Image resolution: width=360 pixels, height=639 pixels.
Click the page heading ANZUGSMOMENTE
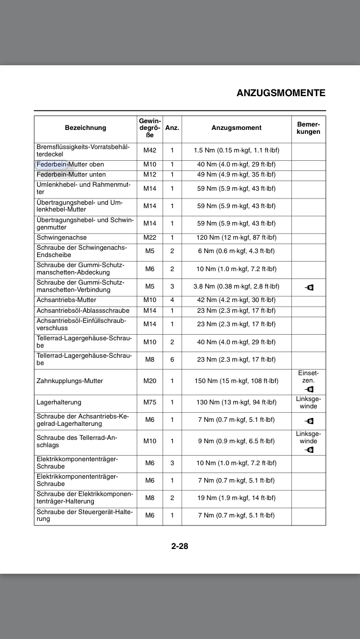(281, 93)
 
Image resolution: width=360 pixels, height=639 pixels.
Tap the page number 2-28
(179, 546)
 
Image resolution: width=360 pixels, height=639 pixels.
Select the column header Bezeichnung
(85, 128)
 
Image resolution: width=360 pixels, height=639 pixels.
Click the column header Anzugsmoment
(236, 128)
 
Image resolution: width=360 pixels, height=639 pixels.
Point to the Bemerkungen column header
(309, 128)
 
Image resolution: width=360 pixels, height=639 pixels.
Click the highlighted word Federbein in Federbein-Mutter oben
(51, 164)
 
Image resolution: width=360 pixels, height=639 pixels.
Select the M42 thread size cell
(150, 151)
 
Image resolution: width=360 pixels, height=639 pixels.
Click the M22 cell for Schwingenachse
(150, 238)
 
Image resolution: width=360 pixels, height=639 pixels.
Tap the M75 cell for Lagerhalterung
(150, 402)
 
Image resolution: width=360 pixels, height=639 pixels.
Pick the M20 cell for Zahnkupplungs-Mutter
(150, 381)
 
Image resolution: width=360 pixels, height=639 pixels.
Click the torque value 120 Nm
(236, 238)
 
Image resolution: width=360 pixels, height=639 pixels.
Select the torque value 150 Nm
(236, 381)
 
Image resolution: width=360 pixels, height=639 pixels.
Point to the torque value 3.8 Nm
(236, 286)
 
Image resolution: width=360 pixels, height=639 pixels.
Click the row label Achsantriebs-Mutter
(66, 300)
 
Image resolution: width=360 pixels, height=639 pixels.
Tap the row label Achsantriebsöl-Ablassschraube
(83, 310)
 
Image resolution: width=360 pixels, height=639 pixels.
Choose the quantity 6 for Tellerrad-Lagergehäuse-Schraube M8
(172, 359)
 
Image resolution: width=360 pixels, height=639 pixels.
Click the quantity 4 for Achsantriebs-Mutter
(172, 300)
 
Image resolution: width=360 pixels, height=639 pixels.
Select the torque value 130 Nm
(236, 402)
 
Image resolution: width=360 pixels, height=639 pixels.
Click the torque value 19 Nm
(236, 498)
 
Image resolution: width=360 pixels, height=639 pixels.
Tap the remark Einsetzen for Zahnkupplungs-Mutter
(309, 377)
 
